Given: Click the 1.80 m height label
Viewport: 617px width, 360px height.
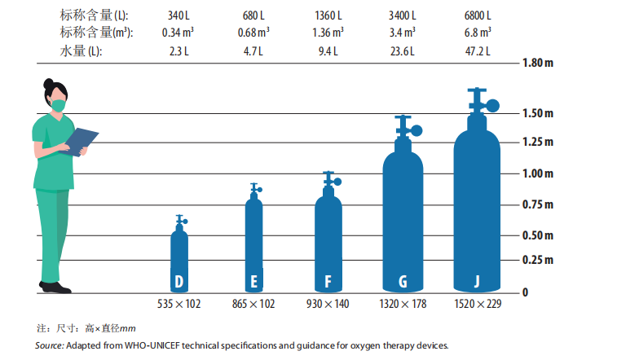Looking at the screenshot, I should (x=537, y=63).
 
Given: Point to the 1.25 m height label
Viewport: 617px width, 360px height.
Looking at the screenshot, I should (x=537, y=143).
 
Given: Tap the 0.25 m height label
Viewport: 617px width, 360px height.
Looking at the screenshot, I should (x=537, y=260).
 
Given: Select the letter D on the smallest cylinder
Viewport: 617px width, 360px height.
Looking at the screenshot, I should (x=179, y=282).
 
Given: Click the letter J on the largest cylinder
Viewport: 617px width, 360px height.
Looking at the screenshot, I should (x=478, y=282).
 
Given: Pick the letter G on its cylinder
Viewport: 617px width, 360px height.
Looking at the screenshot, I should (x=403, y=282).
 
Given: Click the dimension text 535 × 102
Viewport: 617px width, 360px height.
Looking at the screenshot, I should (x=179, y=304).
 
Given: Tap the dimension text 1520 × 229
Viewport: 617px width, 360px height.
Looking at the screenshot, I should (x=478, y=304).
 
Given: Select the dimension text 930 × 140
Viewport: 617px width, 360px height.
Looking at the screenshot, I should (x=328, y=304).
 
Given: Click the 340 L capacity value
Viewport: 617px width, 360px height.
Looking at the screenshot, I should (x=179, y=15).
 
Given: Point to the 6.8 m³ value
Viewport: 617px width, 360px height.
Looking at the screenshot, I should (x=478, y=33).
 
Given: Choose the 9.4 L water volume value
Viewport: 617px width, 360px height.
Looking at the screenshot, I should (x=328, y=50).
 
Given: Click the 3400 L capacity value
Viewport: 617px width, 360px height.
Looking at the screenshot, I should (x=403, y=15).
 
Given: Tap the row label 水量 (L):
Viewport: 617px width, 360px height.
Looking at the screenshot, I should (x=82, y=50).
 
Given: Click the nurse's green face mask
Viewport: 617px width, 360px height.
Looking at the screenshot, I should (x=57, y=105).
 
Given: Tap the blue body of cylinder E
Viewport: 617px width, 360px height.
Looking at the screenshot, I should (x=254, y=236).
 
